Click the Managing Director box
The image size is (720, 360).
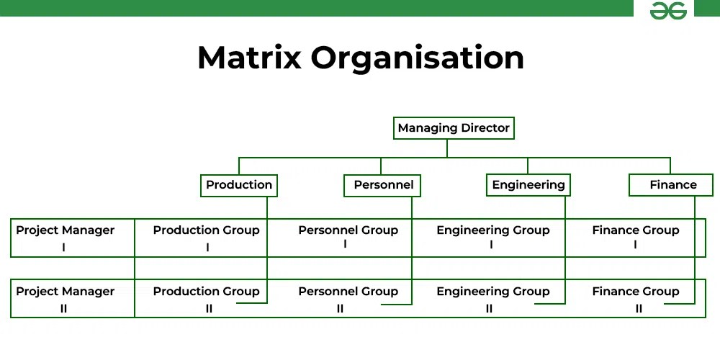(454, 128)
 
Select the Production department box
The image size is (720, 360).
(239, 185)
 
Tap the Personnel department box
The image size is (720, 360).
(383, 185)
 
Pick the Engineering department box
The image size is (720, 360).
(528, 185)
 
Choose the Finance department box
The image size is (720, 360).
(672, 185)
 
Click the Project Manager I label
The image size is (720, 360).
(65, 238)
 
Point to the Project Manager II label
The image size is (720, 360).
(65, 299)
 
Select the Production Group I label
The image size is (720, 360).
(207, 238)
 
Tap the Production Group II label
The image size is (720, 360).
(207, 299)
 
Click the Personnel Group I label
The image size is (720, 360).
(348, 237)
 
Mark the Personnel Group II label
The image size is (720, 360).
(348, 299)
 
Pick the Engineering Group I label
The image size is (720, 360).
(492, 238)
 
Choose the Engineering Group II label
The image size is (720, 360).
(492, 299)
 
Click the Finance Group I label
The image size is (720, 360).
(636, 238)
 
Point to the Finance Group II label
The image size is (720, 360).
(636, 299)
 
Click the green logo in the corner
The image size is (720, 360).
(668, 11)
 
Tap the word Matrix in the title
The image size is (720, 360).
(249, 58)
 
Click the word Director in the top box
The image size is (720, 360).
(482, 128)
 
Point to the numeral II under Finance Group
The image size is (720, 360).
(639, 309)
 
